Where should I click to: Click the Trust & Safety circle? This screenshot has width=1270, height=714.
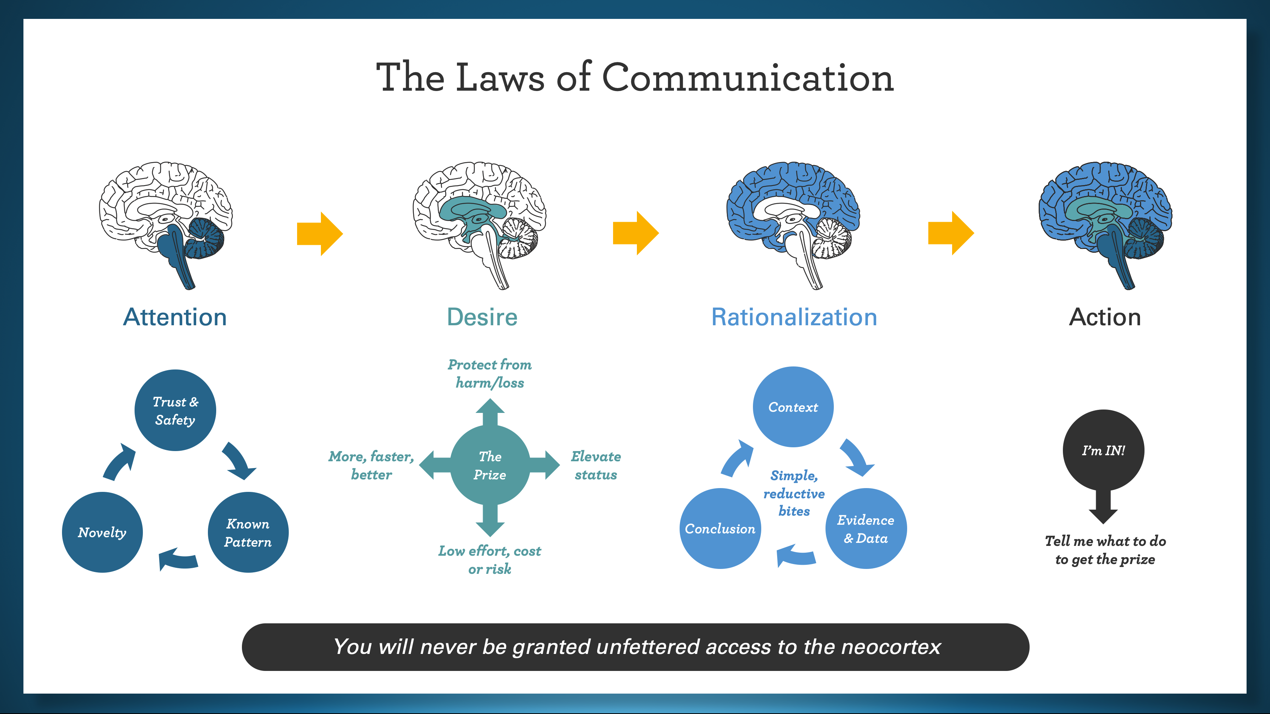pos(175,410)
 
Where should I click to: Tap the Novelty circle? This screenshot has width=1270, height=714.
pos(102,532)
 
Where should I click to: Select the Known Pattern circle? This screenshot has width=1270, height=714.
pos(248,532)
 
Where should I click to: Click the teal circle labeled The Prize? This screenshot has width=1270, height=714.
pos(490,465)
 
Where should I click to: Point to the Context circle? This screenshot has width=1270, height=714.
pos(793,407)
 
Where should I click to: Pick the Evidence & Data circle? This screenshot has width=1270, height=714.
pos(866,529)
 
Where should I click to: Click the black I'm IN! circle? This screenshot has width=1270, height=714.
pos(1103,450)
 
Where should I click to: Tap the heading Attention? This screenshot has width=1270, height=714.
pos(175,317)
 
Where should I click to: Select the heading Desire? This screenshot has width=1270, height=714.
pos(482,317)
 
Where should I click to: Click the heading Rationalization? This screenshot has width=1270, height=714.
pos(794,317)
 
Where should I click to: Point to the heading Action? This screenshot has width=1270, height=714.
pos(1105,317)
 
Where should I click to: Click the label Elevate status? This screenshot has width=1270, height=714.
pos(596,465)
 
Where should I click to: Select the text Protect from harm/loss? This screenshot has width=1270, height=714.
pos(489,374)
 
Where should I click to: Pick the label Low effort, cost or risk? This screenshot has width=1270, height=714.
pos(489,560)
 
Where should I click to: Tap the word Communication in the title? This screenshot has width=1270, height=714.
pos(748,77)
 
